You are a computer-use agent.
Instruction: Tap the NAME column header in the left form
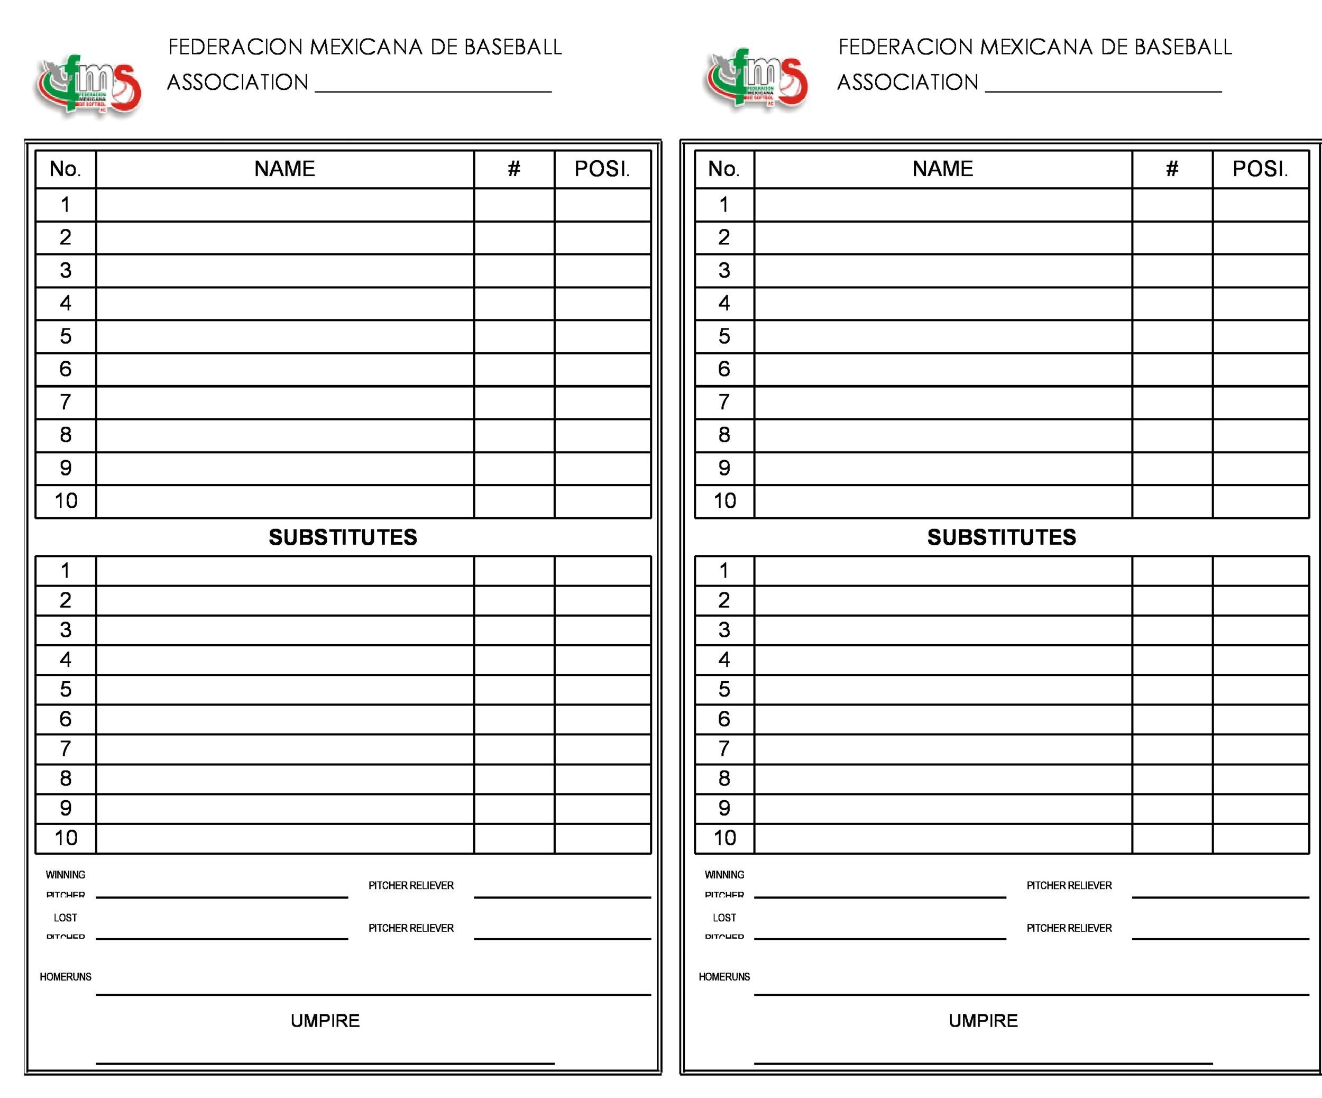(x=284, y=169)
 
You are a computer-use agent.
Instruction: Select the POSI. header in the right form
(x=1260, y=169)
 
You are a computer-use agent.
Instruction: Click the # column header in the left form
(x=513, y=169)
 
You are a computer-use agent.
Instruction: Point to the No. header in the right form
(x=724, y=169)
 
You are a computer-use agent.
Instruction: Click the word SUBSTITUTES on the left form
(x=343, y=537)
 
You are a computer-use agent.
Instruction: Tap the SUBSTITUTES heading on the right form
(x=1002, y=537)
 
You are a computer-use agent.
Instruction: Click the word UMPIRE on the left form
(x=325, y=1021)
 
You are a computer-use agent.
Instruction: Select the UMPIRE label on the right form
(x=984, y=1021)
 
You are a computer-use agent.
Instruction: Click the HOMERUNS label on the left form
(x=66, y=976)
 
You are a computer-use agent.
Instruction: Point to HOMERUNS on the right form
(x=724, y=976)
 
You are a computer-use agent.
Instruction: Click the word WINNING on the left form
(x=66, y=874)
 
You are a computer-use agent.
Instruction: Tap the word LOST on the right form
(x=724, y=917)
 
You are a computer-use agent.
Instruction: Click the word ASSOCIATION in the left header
(x=237, y=83)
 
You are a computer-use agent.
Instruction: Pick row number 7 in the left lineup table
(x=66, y=401)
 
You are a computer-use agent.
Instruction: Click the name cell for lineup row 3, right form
(x=942, y=271)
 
